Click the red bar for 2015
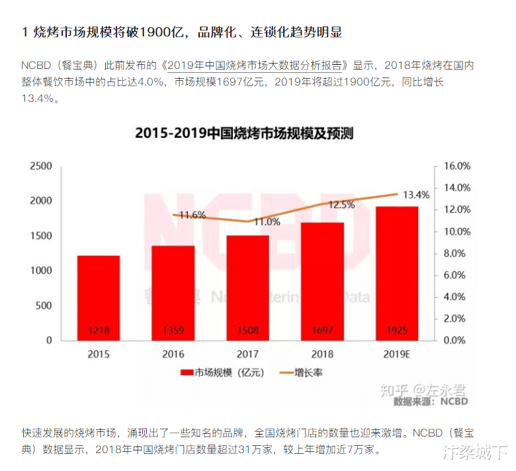click(x=99, y=297)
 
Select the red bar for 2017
click(x=248, y=288)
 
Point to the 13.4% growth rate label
click(x=415, y=195)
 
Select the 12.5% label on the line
click(x=341, y=205)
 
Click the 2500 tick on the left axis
click(x=40, y=166)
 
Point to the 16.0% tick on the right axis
click(x=456, y=166)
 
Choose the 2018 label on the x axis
click(x=323, y=354)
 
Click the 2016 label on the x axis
click(x=173, y=354)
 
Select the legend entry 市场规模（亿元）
click(x=222, y=373)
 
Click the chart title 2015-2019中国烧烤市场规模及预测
click(x=244, y=133)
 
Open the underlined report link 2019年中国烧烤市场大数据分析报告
click(x=257, y=66)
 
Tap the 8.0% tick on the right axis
click(x=456, y=253)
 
